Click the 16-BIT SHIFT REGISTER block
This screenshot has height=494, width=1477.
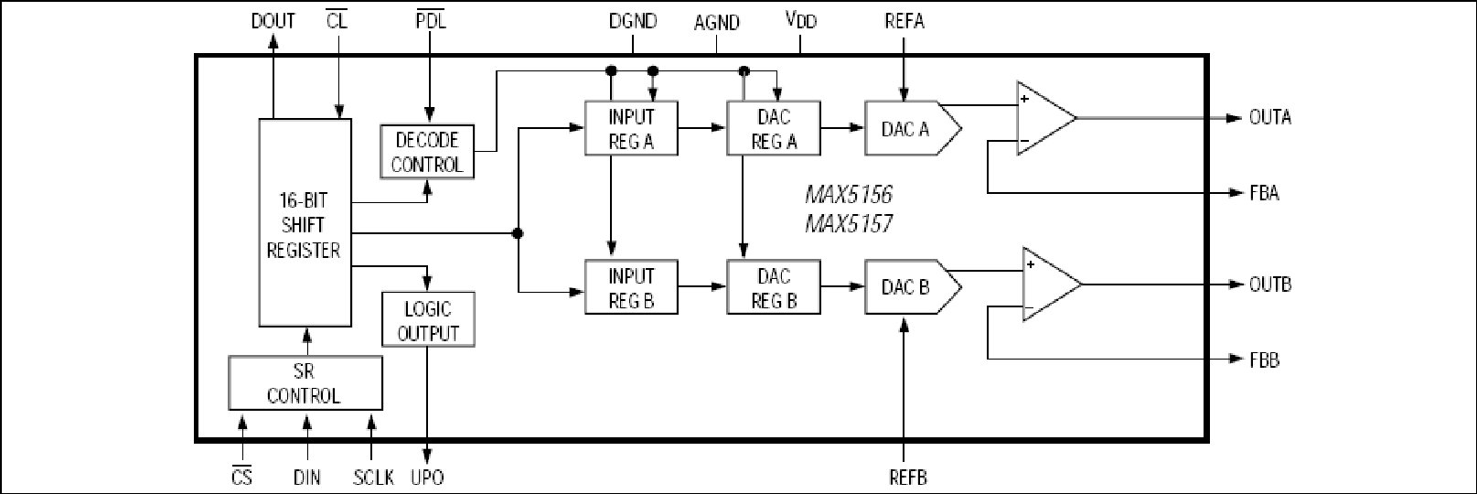(x=305, y=223)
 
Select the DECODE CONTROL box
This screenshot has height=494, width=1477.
(x=427, y=152)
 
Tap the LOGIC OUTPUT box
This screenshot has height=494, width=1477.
(x=429, y=319)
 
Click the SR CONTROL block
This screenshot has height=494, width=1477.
(x=305, y=383)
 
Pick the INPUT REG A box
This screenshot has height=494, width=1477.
(x=631, y=129)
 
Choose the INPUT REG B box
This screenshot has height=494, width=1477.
(x=631, y=287)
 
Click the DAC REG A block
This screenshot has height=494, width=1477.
(x=774, y=129)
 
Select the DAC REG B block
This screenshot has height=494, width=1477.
(x=774, y=287)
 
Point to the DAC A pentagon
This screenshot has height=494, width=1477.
(x=914, y=129)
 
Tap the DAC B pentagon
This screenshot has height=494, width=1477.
(x=914, y=287)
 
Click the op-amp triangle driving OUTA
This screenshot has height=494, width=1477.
(x=1046, y=119)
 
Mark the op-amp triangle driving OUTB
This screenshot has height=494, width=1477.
(x=1052, y=285)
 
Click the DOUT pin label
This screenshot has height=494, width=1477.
(x=273, y=21)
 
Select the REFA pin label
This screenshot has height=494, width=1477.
(x=904, y=21)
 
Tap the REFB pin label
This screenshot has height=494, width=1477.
(x=908, y=478)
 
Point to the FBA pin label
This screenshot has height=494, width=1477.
(x=1264, y=193)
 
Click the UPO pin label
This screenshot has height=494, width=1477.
(x=427, y=478)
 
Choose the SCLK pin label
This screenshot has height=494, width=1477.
(x=373, y=478)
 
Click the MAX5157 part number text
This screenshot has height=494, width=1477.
(x=849, y=224)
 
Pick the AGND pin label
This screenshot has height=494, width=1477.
(x=717, y=23)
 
